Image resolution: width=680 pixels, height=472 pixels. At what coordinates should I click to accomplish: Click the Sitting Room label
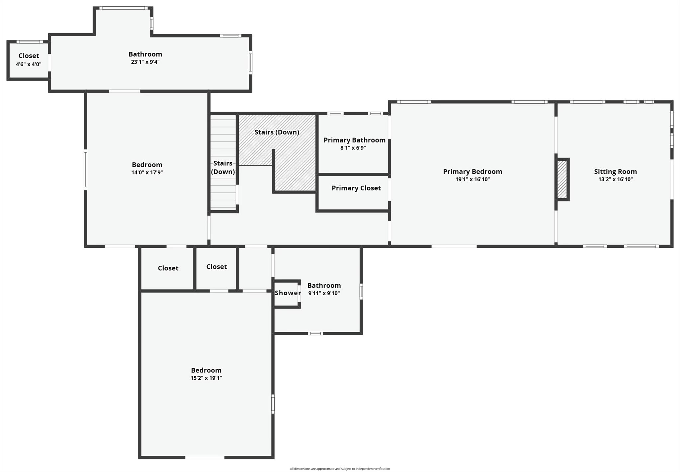pos(615,171)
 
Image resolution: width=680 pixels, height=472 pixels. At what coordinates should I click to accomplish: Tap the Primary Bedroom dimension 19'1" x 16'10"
pos(472,179)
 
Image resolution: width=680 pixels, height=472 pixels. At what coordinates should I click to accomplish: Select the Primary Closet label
pos(356,188)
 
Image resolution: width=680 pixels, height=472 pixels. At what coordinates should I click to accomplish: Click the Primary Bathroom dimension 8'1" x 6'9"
pos(353,148)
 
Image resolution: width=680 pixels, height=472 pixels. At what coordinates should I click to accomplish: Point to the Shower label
pos(288,293)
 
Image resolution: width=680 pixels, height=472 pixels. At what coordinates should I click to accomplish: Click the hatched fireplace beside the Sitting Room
pos(562,179)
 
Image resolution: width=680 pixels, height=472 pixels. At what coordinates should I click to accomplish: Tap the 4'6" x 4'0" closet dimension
pos(29,64)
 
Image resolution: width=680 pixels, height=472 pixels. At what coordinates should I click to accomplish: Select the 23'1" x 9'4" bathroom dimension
pos(145,62)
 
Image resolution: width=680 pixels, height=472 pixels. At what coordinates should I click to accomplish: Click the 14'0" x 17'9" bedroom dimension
pos(147,172)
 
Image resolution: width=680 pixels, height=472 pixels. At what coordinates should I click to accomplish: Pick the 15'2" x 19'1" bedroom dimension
pos(206,378)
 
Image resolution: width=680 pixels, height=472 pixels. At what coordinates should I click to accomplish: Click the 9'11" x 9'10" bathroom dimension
pos(324,293)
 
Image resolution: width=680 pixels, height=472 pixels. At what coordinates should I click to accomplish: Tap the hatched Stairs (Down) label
pos(277,132)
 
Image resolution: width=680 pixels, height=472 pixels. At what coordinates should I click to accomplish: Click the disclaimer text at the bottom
pos(340,469)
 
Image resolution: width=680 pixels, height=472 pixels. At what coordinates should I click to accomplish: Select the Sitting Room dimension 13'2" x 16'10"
pos(615,179)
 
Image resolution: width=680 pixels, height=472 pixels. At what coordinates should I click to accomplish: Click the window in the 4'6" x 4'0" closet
pos(30,42)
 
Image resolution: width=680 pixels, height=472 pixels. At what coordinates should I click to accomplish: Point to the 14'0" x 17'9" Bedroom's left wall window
pos(85,170)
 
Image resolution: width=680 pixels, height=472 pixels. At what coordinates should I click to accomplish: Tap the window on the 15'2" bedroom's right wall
pos(273,404)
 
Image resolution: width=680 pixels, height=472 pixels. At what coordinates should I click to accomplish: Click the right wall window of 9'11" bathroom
pos(361,291)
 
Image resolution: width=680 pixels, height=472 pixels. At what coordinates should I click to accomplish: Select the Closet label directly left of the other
pos(168,268)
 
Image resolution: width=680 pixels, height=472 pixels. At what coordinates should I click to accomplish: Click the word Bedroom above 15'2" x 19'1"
pos(206,370)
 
